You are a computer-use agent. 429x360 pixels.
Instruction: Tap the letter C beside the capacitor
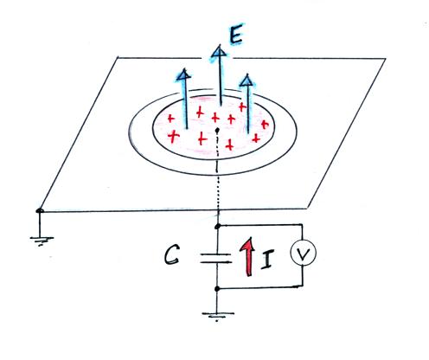(x=172, y=255)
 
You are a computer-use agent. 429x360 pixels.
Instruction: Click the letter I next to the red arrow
(x=268, y=259)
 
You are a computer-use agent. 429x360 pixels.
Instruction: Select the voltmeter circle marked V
(x=303, y=253)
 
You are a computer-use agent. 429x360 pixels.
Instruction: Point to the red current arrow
(x=247, y=256)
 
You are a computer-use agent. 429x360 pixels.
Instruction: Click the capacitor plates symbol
(x=216, y=258)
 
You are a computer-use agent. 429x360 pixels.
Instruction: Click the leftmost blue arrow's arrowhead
(x=183, y=74)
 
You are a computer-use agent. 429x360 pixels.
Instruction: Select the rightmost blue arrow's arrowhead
(x=247, y=80)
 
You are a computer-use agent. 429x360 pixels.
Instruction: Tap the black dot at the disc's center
(x=217, y=131)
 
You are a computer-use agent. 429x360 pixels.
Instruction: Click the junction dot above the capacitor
(x=218, y=226)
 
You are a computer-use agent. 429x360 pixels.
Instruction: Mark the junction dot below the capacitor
(x=218, y=288)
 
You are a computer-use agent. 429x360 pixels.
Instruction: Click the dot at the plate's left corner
(x=40, y=211)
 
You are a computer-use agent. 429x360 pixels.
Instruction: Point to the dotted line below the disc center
(x=217, y=173)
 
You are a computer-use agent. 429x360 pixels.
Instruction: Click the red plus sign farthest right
(x=265, y=125)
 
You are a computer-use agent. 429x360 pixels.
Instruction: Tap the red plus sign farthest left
(x=171, y=119)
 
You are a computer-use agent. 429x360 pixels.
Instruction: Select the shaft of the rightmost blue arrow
(x=247, y=110)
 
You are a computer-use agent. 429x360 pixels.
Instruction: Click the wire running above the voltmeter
(x=260, y=225)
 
